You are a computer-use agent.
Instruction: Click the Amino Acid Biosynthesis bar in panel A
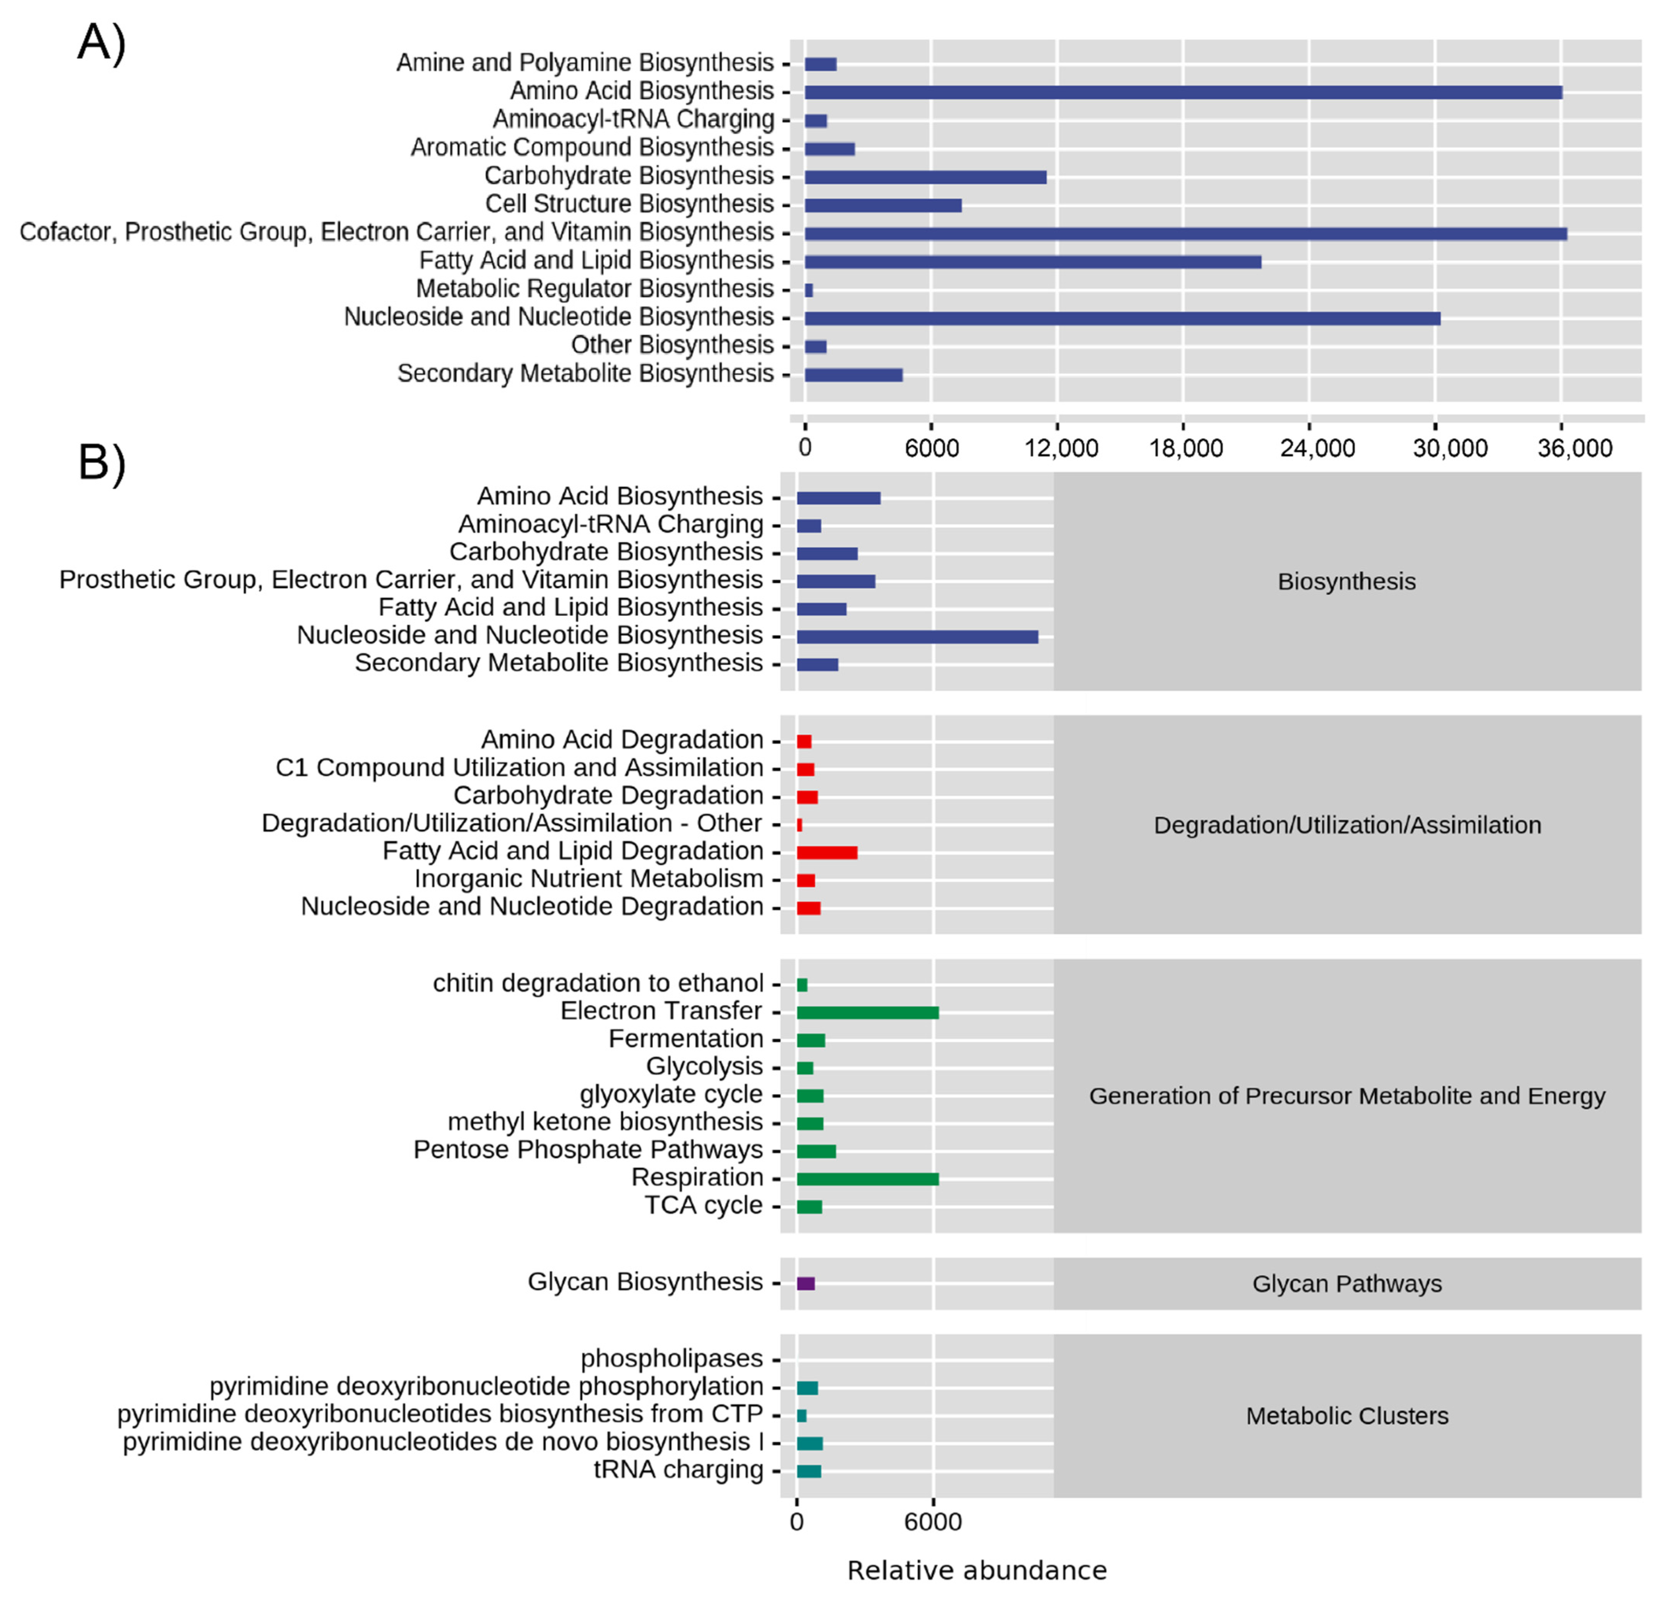(1183, 92)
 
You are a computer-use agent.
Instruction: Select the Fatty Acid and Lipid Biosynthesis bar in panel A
(1032, 261)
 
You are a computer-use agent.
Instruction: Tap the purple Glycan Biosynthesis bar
(805, 1283)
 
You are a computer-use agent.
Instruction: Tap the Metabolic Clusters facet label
(1346, 1416)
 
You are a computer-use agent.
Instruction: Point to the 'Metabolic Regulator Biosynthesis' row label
(594, 289)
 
